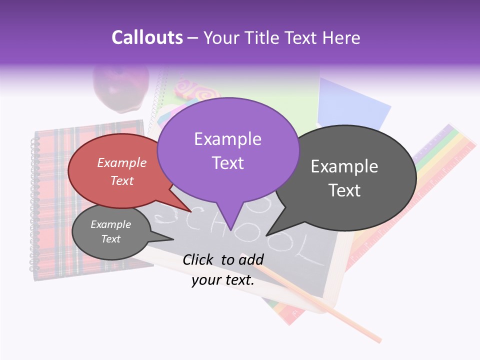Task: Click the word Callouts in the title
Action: point(147,37)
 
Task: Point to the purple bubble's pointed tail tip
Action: point(230,229)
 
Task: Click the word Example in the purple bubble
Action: point(227,139)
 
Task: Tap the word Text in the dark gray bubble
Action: point(344,190)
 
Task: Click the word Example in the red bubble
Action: point(122,162)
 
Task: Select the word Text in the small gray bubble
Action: point(111,239)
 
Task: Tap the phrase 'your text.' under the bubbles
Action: point(223,280)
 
